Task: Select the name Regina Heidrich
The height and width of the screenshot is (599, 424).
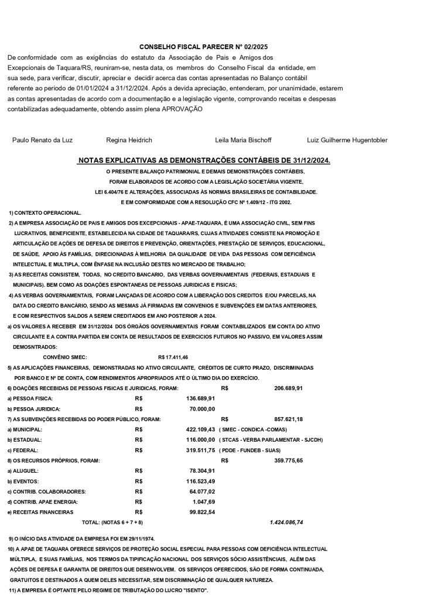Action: (129, 140)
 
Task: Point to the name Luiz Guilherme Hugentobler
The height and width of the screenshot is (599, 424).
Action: (347, 140)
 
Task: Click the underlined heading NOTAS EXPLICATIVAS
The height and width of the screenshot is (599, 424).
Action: (204, 160)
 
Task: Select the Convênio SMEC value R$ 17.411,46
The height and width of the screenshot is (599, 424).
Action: (173, 356)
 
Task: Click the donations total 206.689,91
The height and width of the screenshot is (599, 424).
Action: (288, 388)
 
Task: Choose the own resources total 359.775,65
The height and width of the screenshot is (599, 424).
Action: (288, 460)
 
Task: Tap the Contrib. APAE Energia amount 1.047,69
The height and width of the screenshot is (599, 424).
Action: (204, 501)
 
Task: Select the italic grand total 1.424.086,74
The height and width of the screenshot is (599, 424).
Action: (286, 521)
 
